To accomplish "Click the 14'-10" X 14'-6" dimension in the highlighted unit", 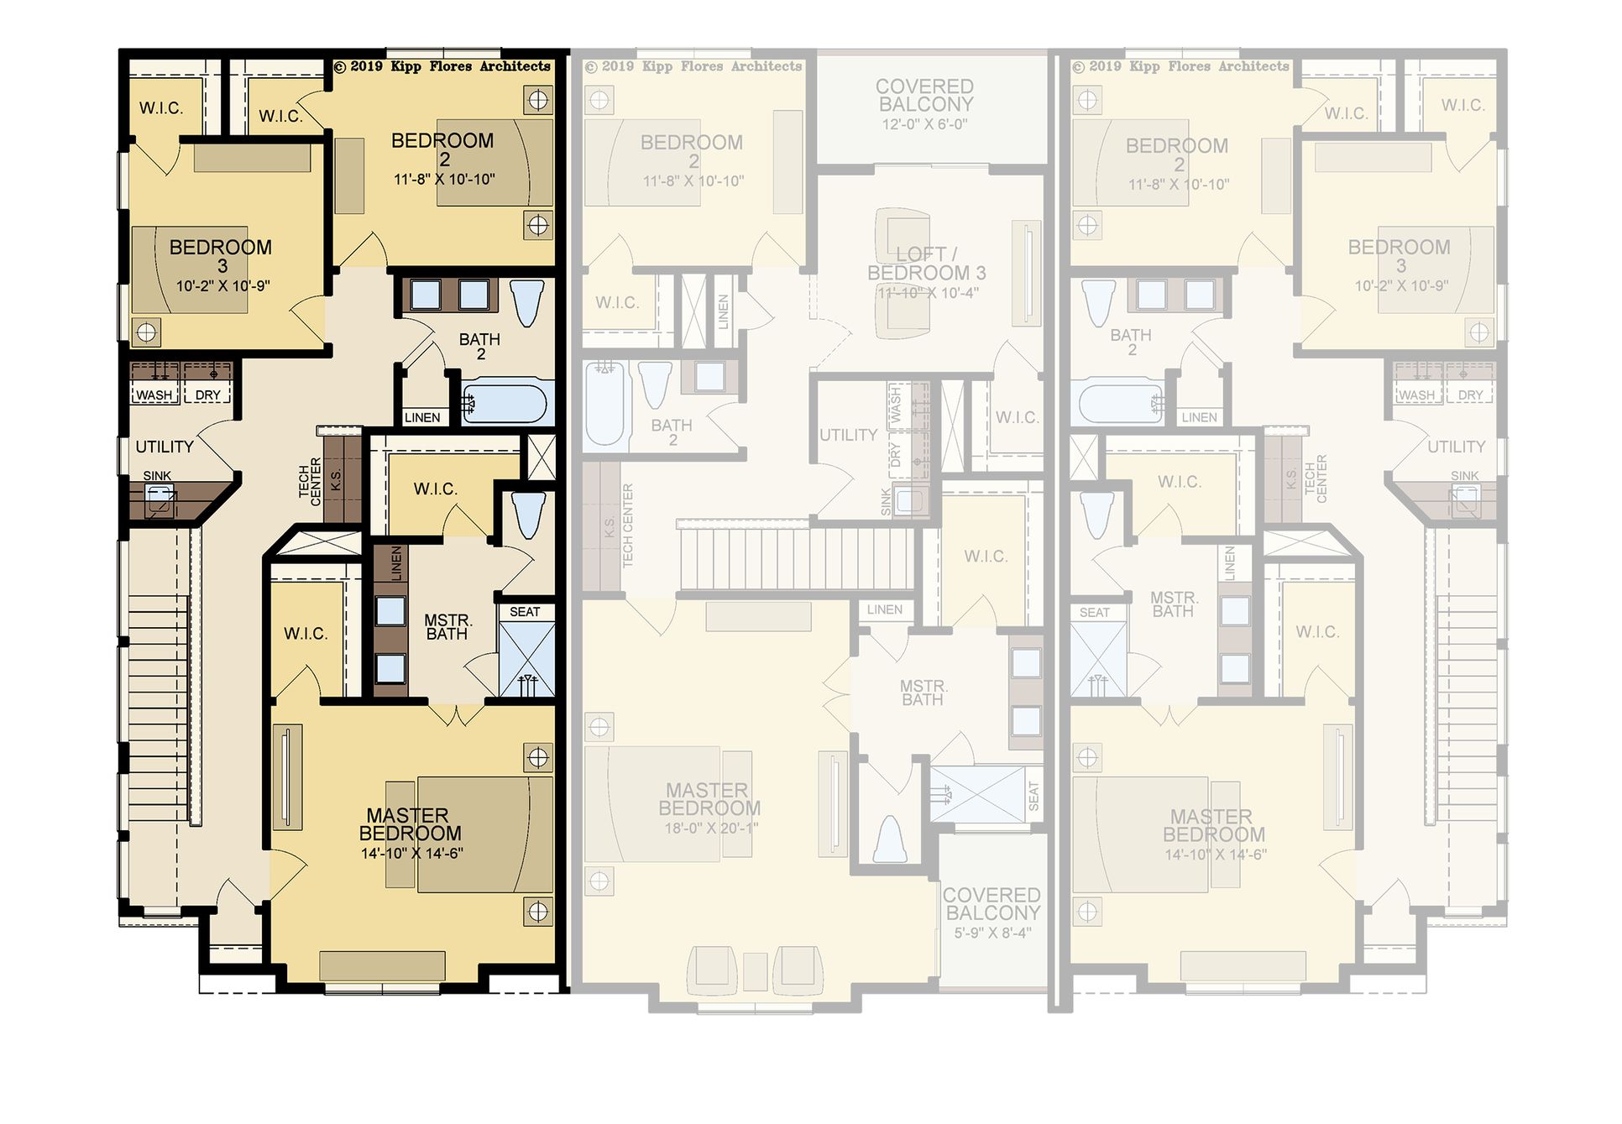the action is click(412, 854).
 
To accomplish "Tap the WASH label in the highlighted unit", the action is click(154, 395).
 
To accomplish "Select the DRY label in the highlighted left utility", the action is click(208, 395).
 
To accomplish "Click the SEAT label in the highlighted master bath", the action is click(526, 612).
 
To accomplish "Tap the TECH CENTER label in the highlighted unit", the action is click(310, 482).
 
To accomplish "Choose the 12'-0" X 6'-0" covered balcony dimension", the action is click(925, 124).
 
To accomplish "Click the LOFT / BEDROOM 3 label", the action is click(927, 264).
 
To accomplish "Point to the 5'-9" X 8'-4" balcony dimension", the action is click(992, 933).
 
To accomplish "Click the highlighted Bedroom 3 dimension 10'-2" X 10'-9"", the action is click(222, 286).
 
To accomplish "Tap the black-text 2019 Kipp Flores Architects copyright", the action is click(442, 66).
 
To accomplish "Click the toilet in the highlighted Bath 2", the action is click(527, 302).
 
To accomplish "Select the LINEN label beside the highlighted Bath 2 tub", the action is click(422, 417).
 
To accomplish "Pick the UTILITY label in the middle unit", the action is click(849, 435).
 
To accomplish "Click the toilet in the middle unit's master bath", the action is click(890, 839).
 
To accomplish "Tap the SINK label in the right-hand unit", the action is click(1465, 476).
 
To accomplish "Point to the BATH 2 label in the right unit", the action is click(1131, 342).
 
